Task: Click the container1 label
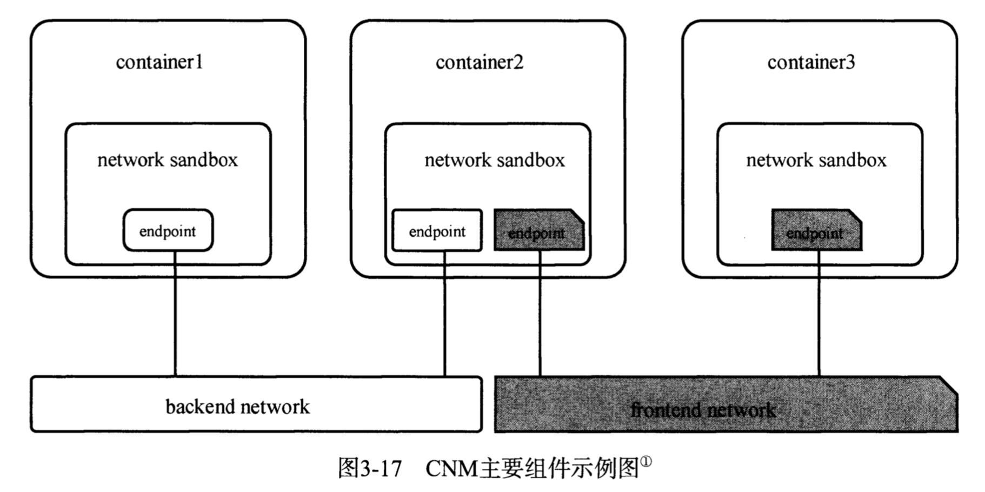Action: (x=159, y=62)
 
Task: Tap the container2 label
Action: (x=480, y=62)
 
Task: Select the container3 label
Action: (x=811, y=62)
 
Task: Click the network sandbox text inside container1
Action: (x=168, y=160)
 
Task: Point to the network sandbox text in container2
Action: (x=494, y=160)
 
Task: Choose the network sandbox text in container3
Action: (x=816, y=160)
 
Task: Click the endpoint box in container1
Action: (x=168, y=231)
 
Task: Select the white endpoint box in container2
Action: (x=437, y=231)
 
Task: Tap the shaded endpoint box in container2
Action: (x=538, y=231)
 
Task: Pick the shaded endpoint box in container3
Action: (x=816, y=231)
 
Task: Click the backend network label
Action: (x=238, y=407)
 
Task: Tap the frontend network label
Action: (x=703, y=410)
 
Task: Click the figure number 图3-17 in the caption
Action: (x=370, y=468)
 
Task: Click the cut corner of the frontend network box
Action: (x=949, y=385)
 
